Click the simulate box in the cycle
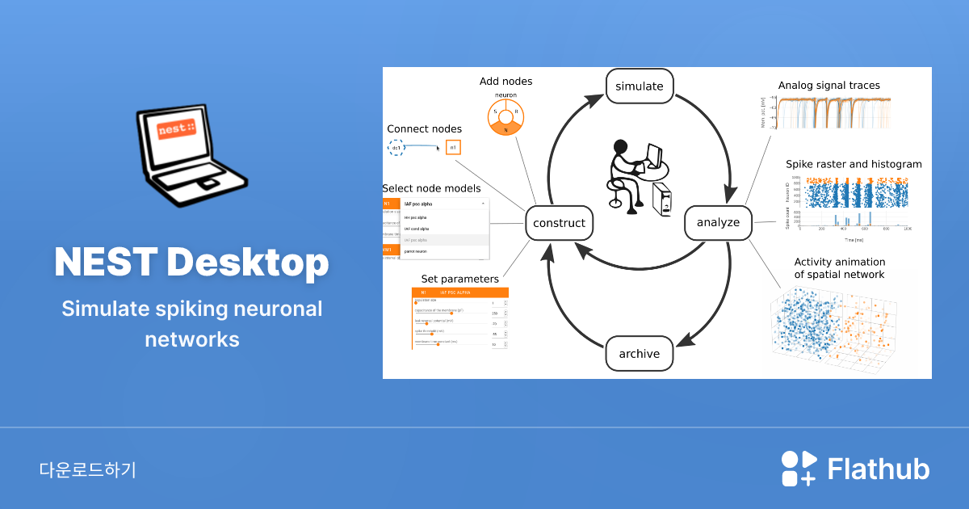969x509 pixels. tap(640, 86)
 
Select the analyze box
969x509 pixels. tap(718, 222)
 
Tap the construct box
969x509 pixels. tap(560, 222)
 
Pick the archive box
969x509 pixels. tap(640, 354)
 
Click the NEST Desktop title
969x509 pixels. tap(192, 262)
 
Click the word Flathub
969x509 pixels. tap(879, 469)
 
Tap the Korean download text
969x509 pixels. tap(87, 470)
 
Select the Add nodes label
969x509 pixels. tap(505, 82)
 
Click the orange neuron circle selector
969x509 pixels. tap(506, 117)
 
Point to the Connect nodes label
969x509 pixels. tap(425, 128)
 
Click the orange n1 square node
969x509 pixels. tap(453, 147)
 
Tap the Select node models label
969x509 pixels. tap(431, 188)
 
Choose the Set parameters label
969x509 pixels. tap(459, 280)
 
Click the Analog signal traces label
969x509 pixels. tap(829, 85)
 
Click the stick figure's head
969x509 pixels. tap(620, 147)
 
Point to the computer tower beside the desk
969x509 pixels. tap(662, 200)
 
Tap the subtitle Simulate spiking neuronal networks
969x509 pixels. tap(192, 323)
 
